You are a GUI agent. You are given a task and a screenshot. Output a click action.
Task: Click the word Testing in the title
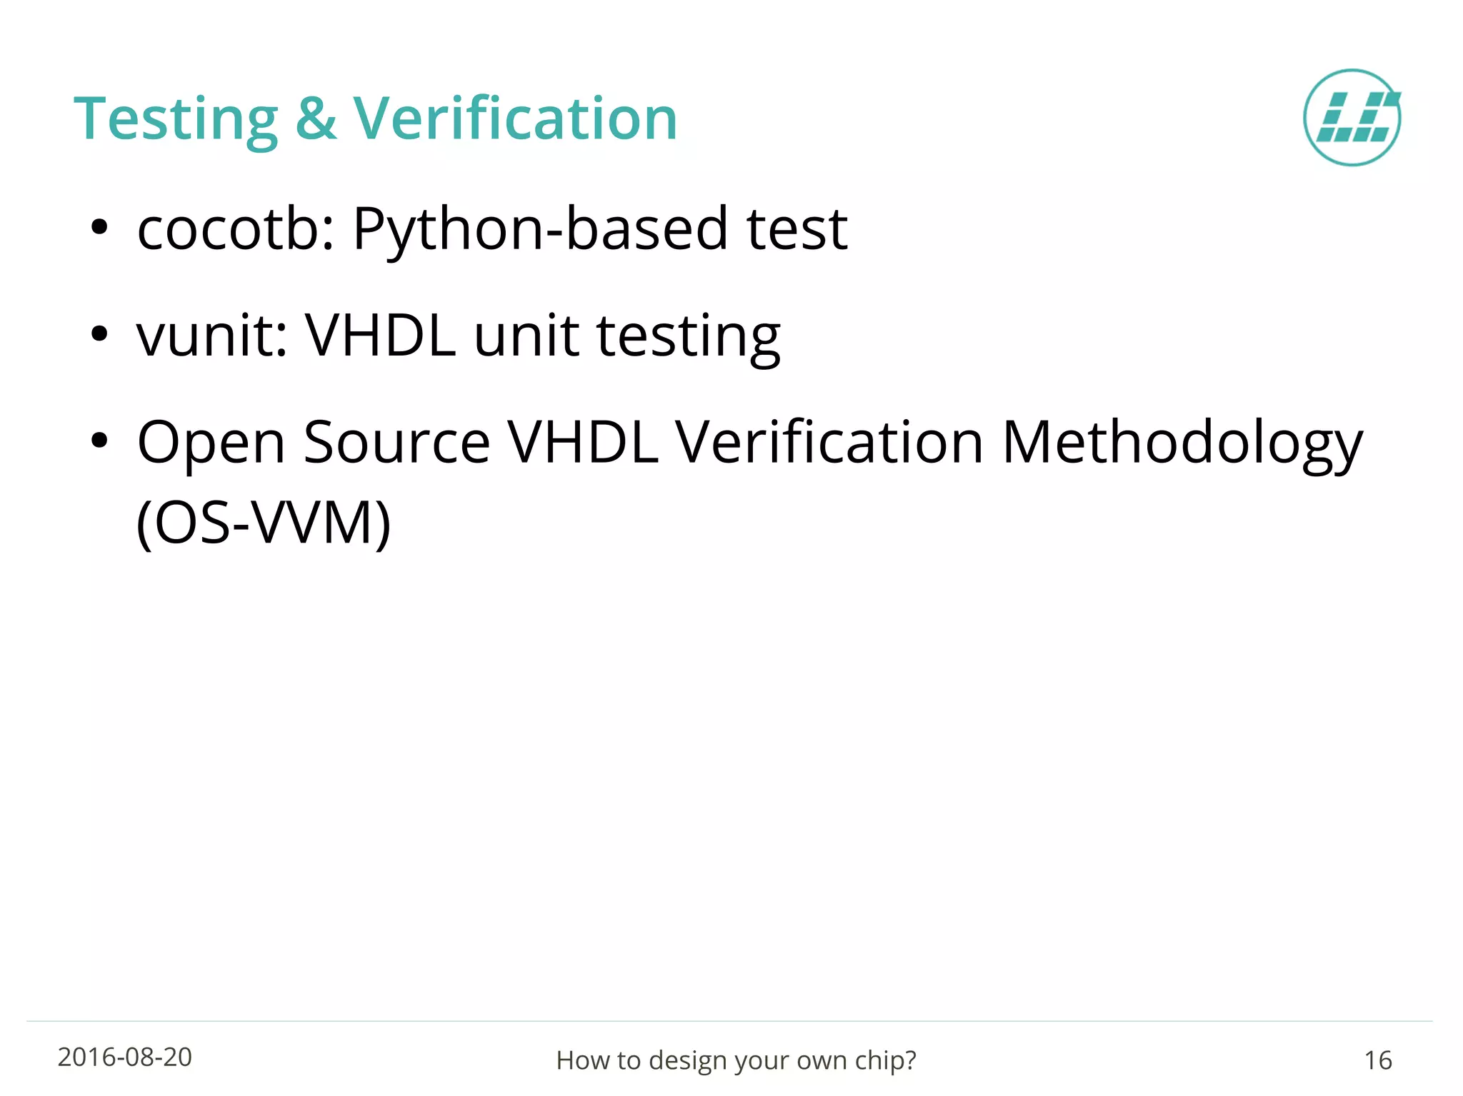click(x=176, y=119)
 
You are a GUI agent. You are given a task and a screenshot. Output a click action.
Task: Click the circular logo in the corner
click(x=1352, y=118)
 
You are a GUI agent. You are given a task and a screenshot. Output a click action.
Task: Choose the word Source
click(x=396, y=443)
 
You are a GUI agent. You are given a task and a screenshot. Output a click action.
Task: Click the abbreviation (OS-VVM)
click(x=264, y=523)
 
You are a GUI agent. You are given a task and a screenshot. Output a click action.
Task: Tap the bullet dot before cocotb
click(x=99, y=228)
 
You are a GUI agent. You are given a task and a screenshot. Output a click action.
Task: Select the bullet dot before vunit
click(x=99, y=333)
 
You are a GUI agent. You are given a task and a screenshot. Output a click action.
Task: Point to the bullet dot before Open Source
click(x=99, y=441)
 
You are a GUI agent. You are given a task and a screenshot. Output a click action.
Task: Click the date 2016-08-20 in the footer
click(x=125, y=1057)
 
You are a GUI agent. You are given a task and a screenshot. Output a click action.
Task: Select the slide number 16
click(x=1377, y=1060)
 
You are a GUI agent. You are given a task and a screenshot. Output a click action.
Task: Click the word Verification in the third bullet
click(x=829, y=443)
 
